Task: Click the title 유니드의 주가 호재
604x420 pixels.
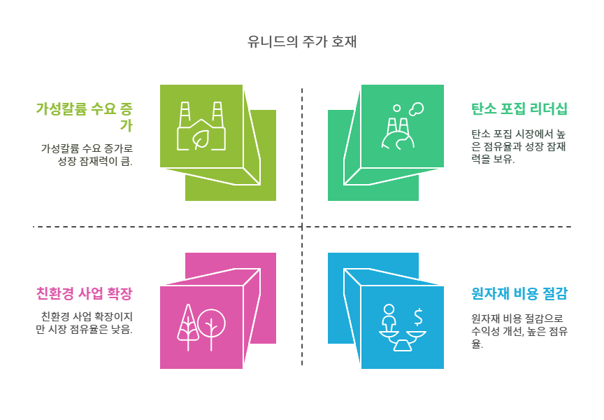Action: pyautogui.click(x=302, y=42)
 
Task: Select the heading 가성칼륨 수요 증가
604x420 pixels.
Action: pyautogui.click(x=85, y=117)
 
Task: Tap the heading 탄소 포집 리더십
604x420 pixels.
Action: pyautogui.click(x=519, y=108)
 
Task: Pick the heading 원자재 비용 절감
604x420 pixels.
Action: pyautogui.click(x=519, y=293)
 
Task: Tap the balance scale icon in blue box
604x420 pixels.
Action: pyautogui.click(x=402, y=328)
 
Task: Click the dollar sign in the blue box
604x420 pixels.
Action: pyautogui.click(x=419, y=317)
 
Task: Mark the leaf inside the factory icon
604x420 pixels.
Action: pyautogui.click(x=202, y=139)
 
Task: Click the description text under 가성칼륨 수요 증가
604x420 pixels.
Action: pyautogui.click(x=87, y=155)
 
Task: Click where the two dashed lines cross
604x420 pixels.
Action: pyautogui.click(x=302, y=227)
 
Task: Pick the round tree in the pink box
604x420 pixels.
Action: pyautogui.click(x=211, y=326)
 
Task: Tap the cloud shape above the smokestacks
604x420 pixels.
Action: pyautogui.click(x=417, y=108)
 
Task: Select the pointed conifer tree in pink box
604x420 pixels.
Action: pyautogui.click(x=188, y=326)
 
